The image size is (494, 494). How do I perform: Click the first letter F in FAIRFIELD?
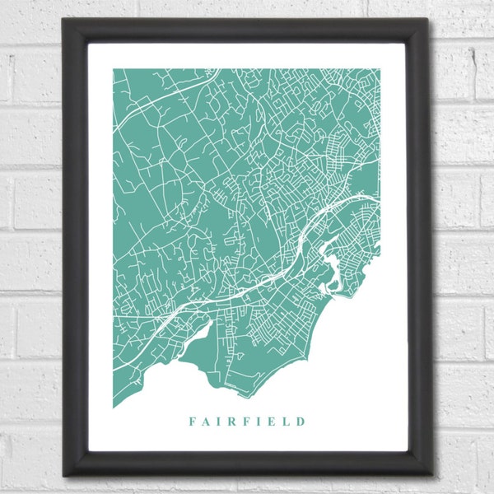(x=192, y=421)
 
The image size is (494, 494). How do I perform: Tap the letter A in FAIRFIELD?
(x=206, y=421)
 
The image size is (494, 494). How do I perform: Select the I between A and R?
(x=219, y=421)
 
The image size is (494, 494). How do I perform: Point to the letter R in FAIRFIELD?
(x=232, y=421)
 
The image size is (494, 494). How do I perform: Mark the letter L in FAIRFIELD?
(x=286, y=421)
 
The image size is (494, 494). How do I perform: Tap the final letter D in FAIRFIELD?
(x=301, y=421)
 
